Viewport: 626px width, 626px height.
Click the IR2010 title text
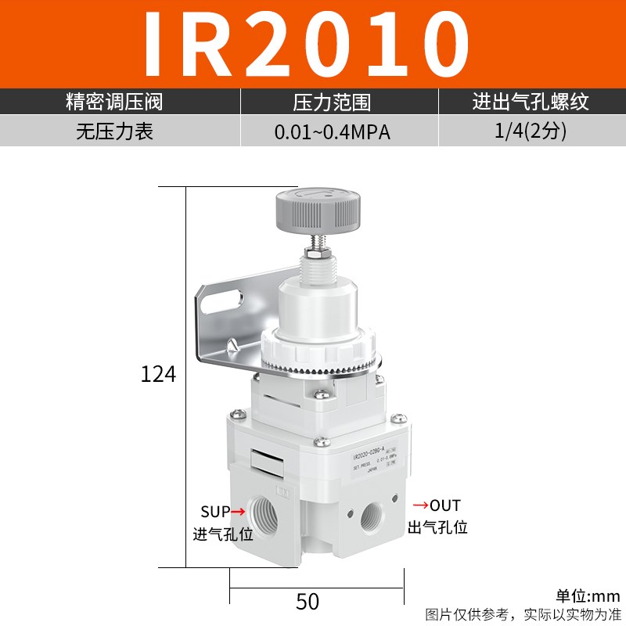tap(313, 43)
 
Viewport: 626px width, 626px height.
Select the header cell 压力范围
tap(332, 102)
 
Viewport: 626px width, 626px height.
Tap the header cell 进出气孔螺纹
tap(530, 102)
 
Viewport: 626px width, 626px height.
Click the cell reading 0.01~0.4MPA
tap(332, 131)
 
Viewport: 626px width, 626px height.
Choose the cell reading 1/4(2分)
tap(530, 131)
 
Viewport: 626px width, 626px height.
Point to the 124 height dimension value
tap(158, 374)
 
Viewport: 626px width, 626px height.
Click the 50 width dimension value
tap(308, 601)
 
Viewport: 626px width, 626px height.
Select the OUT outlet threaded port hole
tap(370, 517)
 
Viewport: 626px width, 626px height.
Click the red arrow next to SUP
tap(236, 512)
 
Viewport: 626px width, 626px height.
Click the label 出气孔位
tap(437, 527)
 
